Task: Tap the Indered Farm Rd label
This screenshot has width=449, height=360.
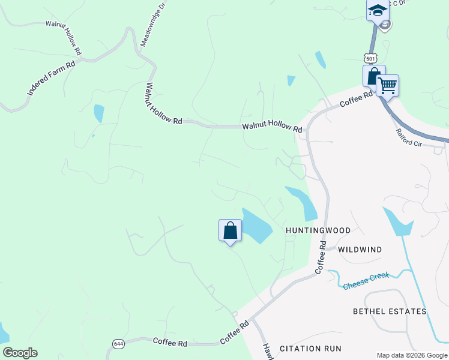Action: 51,78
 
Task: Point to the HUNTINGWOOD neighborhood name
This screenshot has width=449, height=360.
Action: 318,230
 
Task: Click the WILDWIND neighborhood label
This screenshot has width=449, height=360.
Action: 360,249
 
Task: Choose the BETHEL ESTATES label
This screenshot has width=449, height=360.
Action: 390,311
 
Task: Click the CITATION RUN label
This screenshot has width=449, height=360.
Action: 310,348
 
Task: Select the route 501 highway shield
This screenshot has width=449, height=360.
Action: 370,58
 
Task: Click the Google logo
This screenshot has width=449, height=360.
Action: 20,353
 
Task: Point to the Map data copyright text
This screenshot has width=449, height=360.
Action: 411,355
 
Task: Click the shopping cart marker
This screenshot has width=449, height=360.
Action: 388,86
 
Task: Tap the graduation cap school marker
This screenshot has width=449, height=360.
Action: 378,10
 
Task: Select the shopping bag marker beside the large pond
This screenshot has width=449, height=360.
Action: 230,230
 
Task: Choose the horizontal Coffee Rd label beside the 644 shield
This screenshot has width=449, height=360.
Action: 170,343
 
